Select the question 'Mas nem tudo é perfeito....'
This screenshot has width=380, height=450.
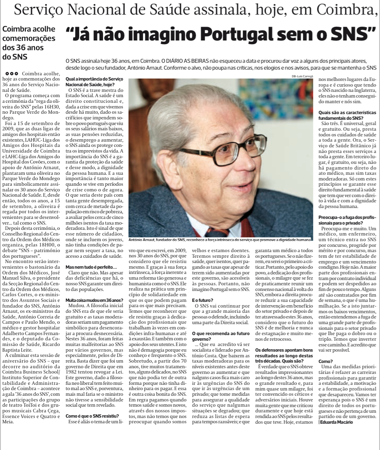click(91, 267)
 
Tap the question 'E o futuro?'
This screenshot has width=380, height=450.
click(203, 301)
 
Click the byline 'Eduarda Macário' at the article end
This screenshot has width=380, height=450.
click(336, 422)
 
